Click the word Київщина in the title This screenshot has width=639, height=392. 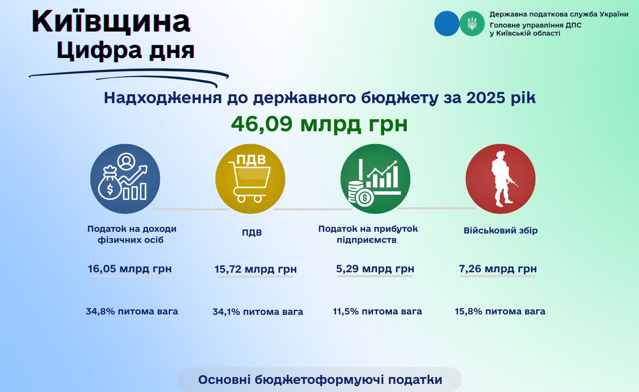tap(111, 21)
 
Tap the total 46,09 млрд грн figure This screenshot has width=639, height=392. tap(319, 124)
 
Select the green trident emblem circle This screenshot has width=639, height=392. tap(472, 23)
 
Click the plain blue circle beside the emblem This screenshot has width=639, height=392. tap(447, 23)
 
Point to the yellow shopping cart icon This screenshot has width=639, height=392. tap(250, 179)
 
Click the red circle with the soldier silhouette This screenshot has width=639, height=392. tap(501, 179)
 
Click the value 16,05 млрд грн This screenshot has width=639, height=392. tap(130, 269)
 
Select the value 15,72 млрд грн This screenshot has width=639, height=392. tap(256, 269)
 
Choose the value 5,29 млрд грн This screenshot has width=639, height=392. tap(375, 269)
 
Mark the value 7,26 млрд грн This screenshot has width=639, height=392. tap(498, 269)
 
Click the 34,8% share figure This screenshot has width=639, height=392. tap(101, 311)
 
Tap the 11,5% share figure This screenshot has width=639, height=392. tap(346, 311)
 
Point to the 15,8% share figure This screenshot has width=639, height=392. tap(469, 311)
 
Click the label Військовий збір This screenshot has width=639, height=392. tap(501, 231)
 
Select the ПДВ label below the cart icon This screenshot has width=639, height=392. tap(252, 233)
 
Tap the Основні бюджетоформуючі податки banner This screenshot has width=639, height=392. tap(319, 380)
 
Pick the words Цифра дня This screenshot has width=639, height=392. tap(126, 50)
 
